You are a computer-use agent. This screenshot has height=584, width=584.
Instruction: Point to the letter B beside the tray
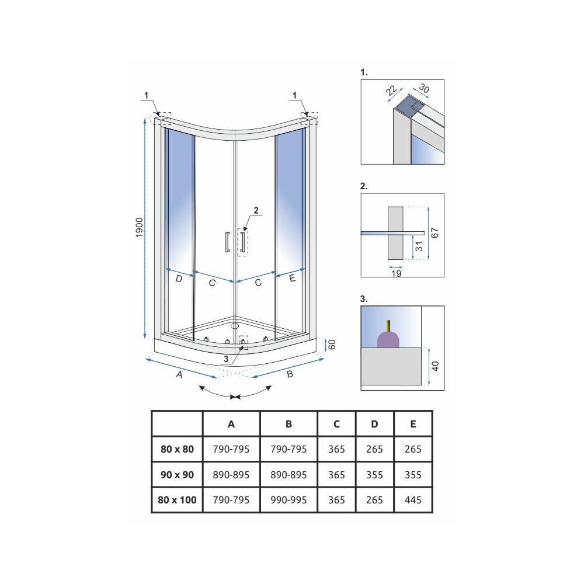pyautogui.click(x=289, y=374)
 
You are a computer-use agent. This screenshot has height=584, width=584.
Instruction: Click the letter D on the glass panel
pyautogui.click(x=179, y=280)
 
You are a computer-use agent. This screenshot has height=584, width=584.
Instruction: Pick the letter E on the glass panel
pyautogui.click(x=292, y=279)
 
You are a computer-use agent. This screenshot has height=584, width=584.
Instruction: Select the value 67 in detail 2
pyautogui.click(x=434, y=232)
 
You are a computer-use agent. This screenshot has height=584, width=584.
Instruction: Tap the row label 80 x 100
pyautogui.click(x=178, y=500)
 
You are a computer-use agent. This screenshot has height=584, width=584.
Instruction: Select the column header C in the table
pyautogui.click(x=336, y=425)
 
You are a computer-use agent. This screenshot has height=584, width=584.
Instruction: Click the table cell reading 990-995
pyautogui.click(x=288, y=500)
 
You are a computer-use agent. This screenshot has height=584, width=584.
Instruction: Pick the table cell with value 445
pyautogui.click(x=413, y=500)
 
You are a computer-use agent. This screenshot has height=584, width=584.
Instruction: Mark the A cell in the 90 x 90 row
pyautogui.click(x=231, y=475)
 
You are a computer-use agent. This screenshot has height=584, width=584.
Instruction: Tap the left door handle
pyautogui.click(x=225, y=242)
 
